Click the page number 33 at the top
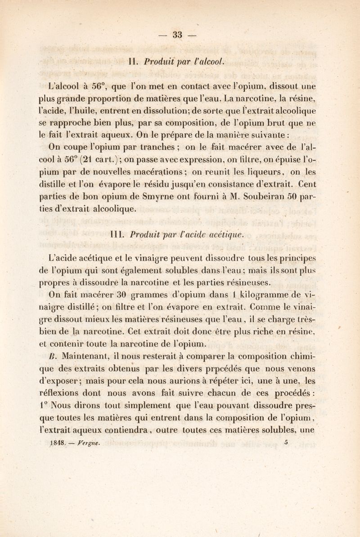tap(180, 35)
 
